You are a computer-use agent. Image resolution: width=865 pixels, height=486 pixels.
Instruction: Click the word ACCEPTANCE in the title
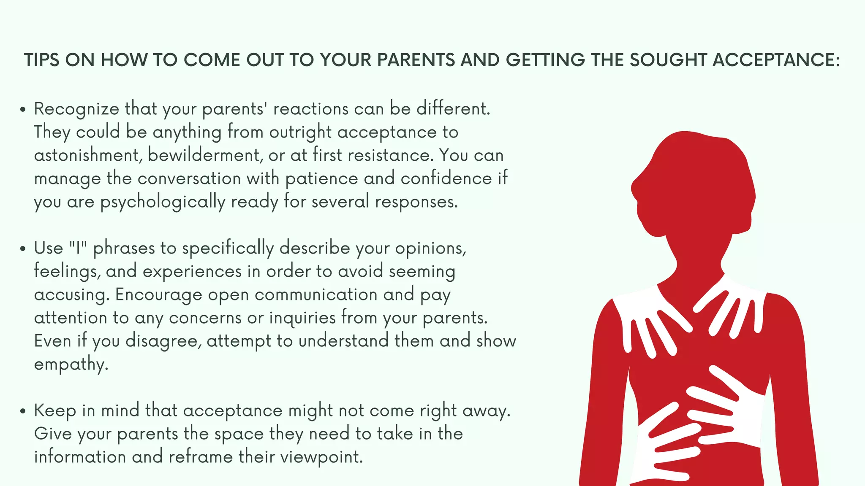pyautogui.click(x=776, y=60)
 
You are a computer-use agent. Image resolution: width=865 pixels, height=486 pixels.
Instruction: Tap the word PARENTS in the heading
pyautogui.click(x=416, y=60)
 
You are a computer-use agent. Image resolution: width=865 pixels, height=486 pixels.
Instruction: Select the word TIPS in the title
pyautogui.click(x=41, y=60)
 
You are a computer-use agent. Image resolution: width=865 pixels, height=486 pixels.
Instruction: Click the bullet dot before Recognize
pyautogui.click(x=23, y=110)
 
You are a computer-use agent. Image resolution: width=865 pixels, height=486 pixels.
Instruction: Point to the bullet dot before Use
pyautogui.click(x=23, y=249)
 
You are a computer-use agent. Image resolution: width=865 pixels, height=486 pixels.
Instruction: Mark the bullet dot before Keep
pyautogui.click(x=23, y=411)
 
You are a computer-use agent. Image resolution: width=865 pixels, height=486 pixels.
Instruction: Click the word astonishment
pyautogui.click(x=87, y=155)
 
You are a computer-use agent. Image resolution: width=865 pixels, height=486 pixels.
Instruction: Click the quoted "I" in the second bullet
pyautogui.click(x=78, y=248)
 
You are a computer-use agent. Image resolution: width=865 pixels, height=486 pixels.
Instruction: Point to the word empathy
pyautogui.click(x=71, y=364)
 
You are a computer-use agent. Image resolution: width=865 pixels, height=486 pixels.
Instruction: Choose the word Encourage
pyautogui.click(x=158, y=295)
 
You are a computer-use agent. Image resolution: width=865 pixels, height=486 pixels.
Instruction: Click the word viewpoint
pyautogui.click(x=321, y=457)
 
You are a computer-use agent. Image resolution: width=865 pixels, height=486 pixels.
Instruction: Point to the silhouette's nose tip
pyautogui.click(x=632, y=188)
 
